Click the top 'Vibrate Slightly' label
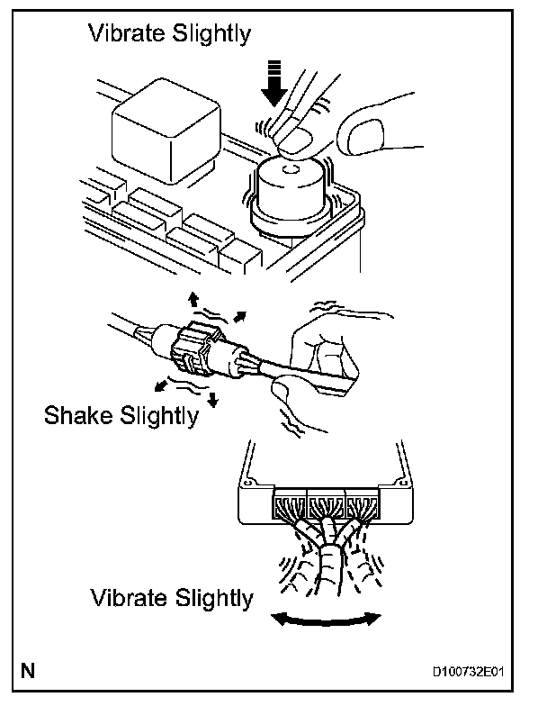pyautogui.click(x=169, y=34)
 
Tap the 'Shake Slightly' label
pyautogui.click(x=121, y=416)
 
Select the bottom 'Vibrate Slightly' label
pyautogui.click(x=171, y=598)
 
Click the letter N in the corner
pyautogui.click(x=30, y=670)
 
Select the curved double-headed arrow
pyautogui.click(x=327, y=617)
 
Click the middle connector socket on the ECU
pyautogui.click(x=326, y=503)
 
